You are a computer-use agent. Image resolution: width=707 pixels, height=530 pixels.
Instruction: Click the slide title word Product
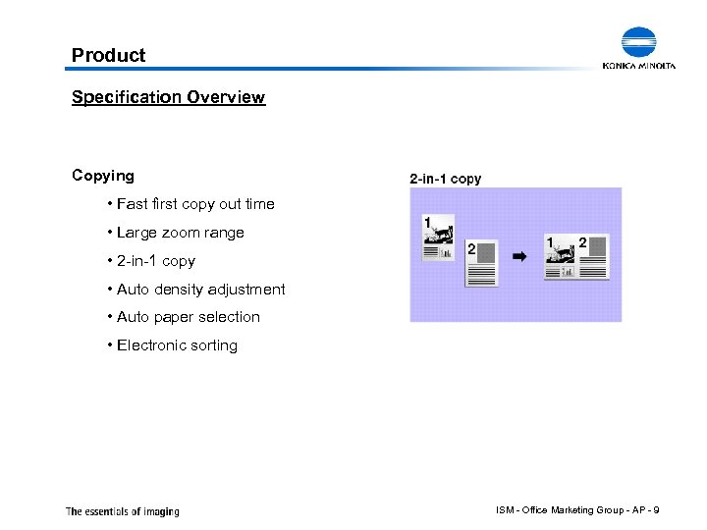click(108, 56)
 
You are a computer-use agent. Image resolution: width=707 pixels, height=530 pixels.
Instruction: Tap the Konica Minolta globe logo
click(638, 43)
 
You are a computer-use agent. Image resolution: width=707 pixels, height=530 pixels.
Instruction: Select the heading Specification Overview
click(168, 97)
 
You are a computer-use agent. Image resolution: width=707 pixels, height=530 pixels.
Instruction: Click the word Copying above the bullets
click(103, 176)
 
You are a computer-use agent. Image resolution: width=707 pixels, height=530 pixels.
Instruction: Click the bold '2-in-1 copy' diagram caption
click(445, 179)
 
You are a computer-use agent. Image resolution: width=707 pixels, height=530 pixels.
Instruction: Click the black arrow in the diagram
click(520, 256)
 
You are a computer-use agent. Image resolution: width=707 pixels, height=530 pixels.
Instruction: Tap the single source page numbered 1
click(438, 238)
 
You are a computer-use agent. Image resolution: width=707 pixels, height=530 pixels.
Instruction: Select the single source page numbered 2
click(481, 263)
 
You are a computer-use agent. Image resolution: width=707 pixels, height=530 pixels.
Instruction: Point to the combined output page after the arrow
click(576, 257)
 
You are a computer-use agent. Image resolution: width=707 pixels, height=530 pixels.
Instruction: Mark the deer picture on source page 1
click(443, 233)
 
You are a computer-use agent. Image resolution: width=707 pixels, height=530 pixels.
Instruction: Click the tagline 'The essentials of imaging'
click(123, 511)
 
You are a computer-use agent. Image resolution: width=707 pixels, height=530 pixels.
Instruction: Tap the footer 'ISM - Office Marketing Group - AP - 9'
click(578, 509)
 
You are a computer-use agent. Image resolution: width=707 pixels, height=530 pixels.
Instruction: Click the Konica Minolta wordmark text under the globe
click(639, 66)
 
